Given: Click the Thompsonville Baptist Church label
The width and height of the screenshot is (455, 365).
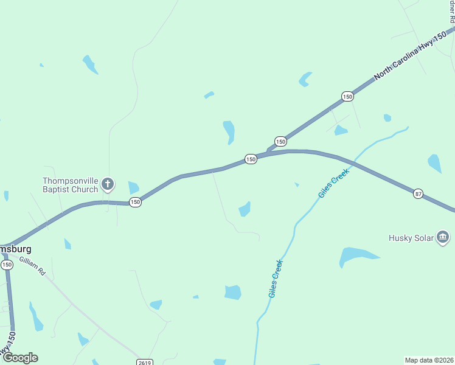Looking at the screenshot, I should pyautogui.click(x=70, y=184).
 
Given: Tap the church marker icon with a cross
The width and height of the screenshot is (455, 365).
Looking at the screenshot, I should pyautogui.click(x=108, y=184).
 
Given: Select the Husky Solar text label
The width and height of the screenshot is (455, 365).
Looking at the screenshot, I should pyautogui.click(x=411, y=237).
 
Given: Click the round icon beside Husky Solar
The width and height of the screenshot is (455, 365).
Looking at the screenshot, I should pyautogui.click(x=442, y=237).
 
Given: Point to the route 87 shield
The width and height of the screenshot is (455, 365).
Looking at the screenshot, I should pyautogui.click(x=418, y=193).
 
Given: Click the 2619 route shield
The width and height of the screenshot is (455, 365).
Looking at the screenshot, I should pyautogui.click(x=144, y=362).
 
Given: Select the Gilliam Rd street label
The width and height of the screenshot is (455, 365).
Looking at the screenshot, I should pyautogui.click(x=32, y=266).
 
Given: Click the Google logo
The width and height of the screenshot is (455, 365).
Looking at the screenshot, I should pyautogui.click(x=19, y=358).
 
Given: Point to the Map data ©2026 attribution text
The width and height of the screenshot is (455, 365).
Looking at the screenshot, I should pyautogui.click(x=429, y=360).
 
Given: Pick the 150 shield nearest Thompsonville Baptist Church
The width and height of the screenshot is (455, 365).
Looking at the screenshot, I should pyautogui.click(x=135, y=202).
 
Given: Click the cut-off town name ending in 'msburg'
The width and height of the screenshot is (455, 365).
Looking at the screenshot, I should pyautogui.click(x=15, y=249).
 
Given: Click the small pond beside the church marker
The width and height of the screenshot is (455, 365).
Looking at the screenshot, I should pyautogui.click(x=133, y=188).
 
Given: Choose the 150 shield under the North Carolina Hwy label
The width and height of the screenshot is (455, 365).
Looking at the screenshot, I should pyautogui.click(x=347, y=96).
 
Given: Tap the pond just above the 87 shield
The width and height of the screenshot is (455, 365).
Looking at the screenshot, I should pyautogui.click(x=434, y=163).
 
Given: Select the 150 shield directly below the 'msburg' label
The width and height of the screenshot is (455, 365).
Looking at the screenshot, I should pyautogui.click(x=7, y=265).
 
